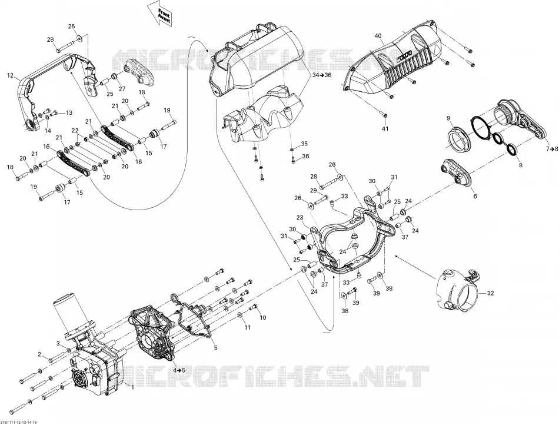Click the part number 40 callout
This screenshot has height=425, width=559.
(378, 36)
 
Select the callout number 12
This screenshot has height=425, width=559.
(11, 75)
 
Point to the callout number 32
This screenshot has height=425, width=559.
(491, 293)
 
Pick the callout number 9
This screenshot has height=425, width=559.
(448, 118)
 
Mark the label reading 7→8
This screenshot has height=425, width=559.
(551, 149)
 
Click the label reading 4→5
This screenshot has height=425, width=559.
(179, 370)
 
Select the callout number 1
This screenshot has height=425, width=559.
(132, 387)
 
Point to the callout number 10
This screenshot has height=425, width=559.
(263, 317)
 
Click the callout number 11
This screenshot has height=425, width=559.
(247, 327)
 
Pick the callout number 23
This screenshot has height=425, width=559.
(300, 217)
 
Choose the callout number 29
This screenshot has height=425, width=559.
(314, 191)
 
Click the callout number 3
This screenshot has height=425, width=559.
(58, 343)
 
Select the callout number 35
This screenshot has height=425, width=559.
(304, 144)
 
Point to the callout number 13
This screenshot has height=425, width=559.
(68, 112)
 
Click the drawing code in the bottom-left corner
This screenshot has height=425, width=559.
(19, 422)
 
